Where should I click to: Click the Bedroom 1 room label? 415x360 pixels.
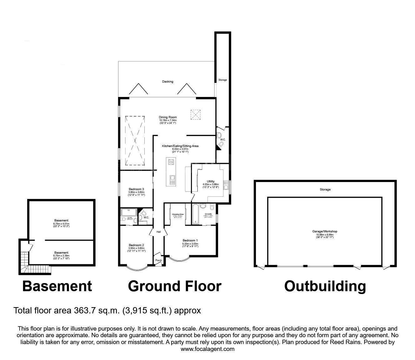click(190, 241)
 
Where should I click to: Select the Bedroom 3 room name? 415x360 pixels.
click(136, 189)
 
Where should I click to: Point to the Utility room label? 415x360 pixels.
click(210, 181)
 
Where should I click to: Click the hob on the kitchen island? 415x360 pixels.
click(172, 162)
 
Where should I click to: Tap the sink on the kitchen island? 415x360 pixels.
click(172, 179)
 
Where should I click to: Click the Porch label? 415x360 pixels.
click(158, 260)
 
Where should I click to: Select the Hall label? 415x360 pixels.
click(158, 232)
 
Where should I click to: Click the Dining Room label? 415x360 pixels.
click(168, 117)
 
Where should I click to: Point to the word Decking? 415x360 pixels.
click(167, 82)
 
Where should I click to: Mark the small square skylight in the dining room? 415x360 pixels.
click(195, 114)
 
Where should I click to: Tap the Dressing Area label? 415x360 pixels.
click(177, 214)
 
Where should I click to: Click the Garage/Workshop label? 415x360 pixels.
click(325, 231)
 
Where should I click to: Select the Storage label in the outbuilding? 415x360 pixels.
click(325, 190)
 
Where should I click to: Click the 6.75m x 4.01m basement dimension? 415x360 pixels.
click(61, 224)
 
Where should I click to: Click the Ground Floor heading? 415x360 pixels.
click(174, 286)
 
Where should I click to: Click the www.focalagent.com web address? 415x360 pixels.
click(207, 349)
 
